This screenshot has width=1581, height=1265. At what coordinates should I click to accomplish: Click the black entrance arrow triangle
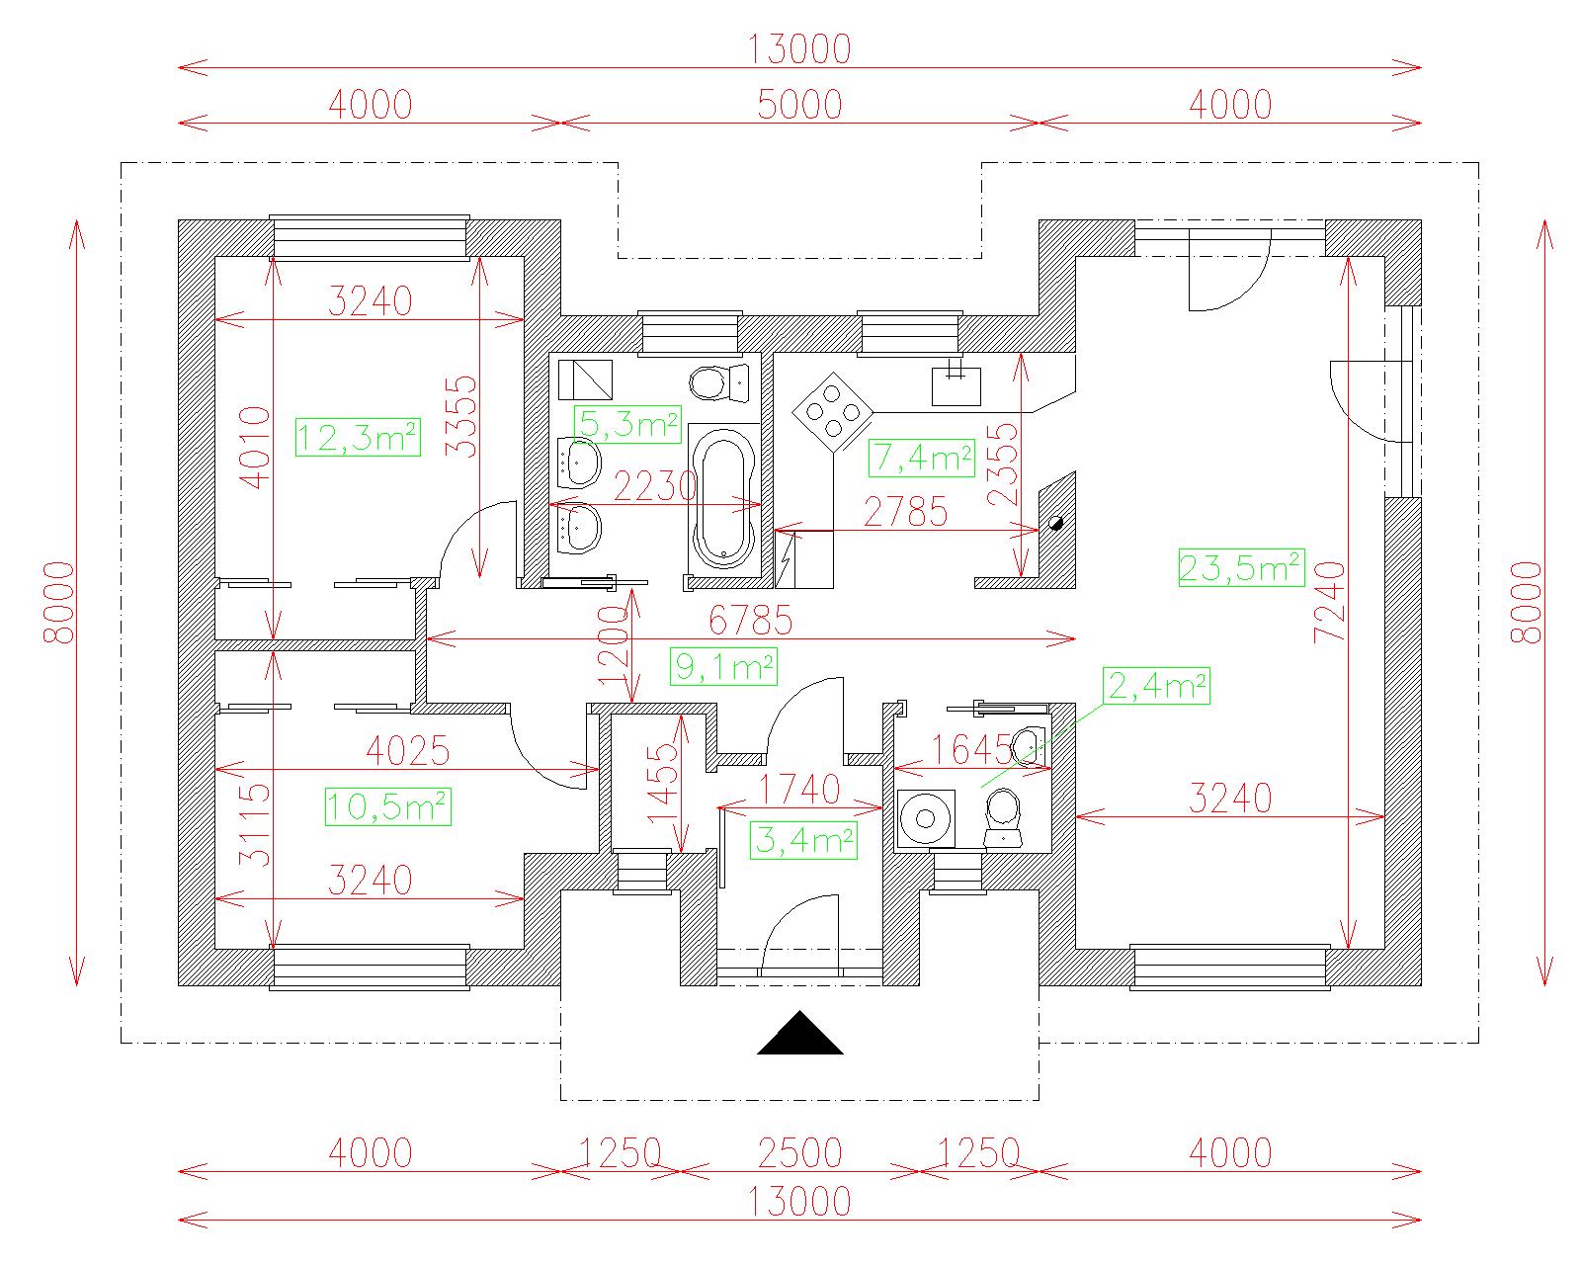pos(799,1033)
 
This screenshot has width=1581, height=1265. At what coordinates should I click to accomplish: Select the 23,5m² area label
pos(1241,567)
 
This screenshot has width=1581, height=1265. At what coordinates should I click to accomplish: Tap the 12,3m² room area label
pos(358,438)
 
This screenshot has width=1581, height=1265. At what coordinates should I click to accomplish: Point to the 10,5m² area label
pos(388,806)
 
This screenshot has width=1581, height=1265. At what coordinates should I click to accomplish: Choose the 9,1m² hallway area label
pos(723,667)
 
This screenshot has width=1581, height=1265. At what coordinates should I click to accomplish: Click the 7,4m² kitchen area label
pos(921,458)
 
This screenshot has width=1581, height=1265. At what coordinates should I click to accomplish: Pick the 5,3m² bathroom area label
pos(627,424)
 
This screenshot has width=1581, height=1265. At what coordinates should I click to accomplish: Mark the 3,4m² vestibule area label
pos(803,840)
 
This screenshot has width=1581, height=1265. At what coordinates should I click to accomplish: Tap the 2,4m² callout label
pos(1156,686)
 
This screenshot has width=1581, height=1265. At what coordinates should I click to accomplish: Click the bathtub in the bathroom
pos(724,500)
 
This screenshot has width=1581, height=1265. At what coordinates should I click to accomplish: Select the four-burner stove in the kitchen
pos(833,411)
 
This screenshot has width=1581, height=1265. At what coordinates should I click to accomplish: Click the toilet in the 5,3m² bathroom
pos(719,382)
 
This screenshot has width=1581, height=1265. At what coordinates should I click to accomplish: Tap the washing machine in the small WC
pos(926,818)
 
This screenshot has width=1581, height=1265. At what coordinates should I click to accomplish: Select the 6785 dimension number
pos(751,621)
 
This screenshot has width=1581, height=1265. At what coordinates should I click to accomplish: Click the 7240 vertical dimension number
pos(1330,602)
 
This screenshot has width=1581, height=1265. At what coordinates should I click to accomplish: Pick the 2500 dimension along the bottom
pos(799,1153)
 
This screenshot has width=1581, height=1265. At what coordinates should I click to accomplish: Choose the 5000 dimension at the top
pos(799,105)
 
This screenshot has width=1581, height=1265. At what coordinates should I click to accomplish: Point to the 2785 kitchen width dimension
pos(906,512)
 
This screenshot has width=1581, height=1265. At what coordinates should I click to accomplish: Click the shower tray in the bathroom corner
pos(586,380)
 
